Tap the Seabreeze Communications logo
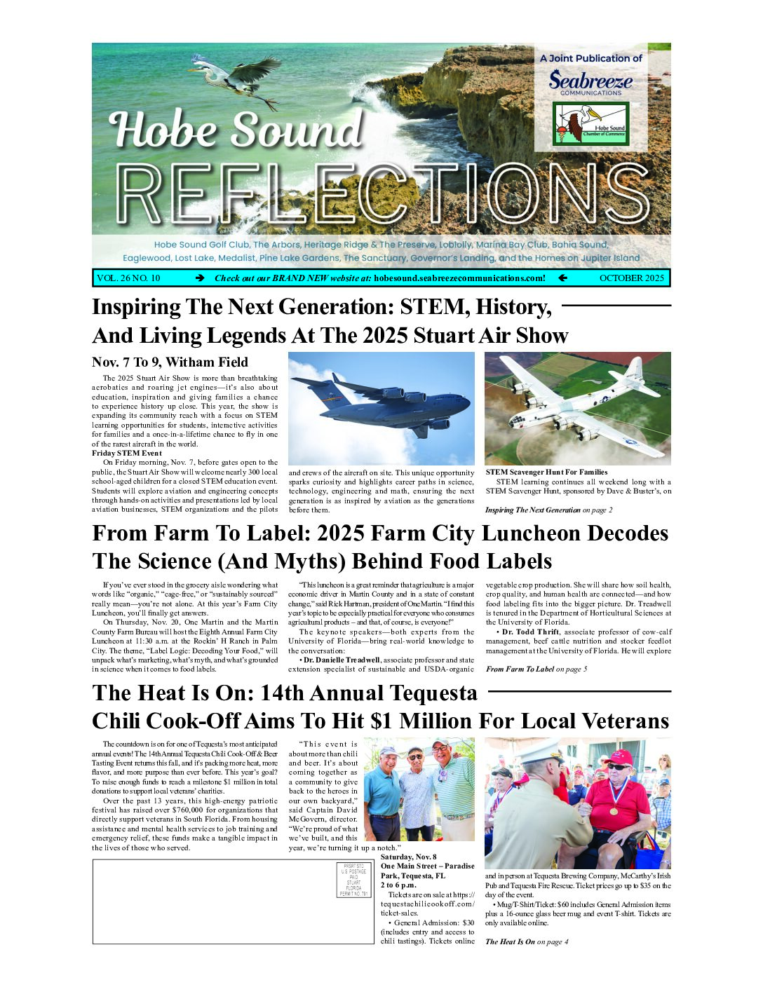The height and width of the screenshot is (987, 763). (x=590, y=82)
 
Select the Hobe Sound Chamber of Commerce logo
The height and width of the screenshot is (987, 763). (x=590, y=123)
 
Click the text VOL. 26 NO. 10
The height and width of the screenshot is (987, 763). (x=128, y=278)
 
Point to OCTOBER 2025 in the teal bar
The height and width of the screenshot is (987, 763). (x=631, y=278)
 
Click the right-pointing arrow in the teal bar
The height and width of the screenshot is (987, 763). (x=200, y=278)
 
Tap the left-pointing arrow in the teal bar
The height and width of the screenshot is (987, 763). (x=562, y=278)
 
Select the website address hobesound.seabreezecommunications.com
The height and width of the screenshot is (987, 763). (x=459, y=278)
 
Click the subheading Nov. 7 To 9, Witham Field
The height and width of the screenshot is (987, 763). (x=170, y=362)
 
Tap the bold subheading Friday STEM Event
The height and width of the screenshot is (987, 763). (x=127, y=454)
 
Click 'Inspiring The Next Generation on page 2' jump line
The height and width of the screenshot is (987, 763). (x=548, y=510)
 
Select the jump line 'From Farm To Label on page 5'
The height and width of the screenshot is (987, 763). (x=536, y=669)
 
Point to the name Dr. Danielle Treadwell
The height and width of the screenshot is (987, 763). (x=342, y=660)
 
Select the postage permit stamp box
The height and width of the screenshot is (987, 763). (x=353, y=880)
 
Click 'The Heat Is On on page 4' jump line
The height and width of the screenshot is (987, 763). (x=527, y=942)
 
